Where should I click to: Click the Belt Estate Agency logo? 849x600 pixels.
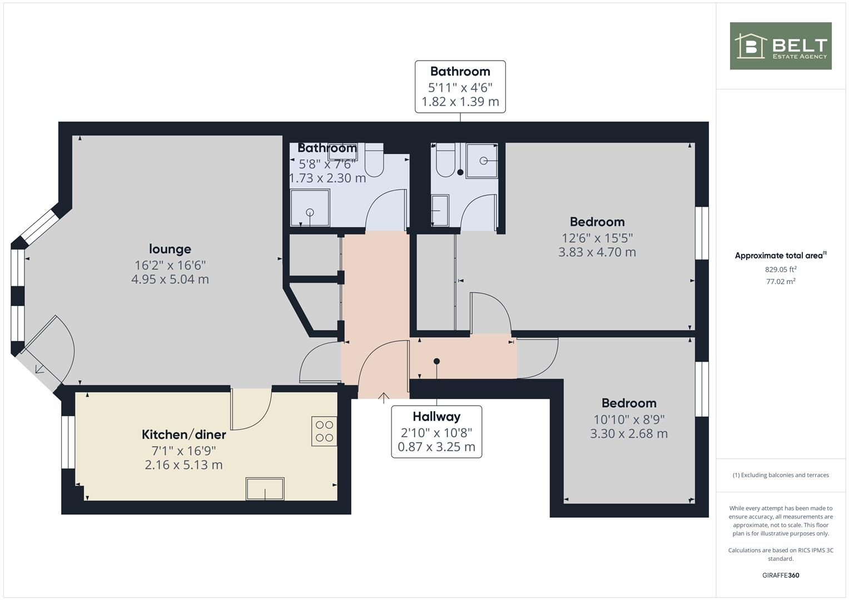tap(780, 46)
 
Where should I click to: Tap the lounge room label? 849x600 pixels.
tap(170, 249)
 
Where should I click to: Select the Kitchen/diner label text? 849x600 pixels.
tap(183, 434)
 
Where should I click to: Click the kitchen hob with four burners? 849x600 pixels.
tap(324, 431)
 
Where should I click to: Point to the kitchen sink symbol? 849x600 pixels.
tap(265, 489)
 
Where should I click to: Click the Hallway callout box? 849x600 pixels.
tap(436, 432)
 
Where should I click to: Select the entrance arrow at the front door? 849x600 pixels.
tap(384, 397)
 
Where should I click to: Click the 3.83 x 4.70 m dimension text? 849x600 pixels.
tap(597, 252)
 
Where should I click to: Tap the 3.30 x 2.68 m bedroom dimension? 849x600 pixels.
tap(629, 434)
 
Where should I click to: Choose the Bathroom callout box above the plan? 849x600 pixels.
tap(460, 87)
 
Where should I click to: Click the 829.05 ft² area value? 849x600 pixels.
tap(781, 269)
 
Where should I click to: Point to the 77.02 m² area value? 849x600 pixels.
tap(781, 282)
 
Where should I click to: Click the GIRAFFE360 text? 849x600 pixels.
tap(781, 576)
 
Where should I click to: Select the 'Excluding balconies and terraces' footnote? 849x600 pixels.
tap(781, 475)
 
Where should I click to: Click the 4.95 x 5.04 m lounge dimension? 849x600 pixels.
tap(170, 279)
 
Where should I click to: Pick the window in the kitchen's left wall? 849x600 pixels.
tap(68, 442)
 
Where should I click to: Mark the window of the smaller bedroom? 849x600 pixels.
tap(702, 389)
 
